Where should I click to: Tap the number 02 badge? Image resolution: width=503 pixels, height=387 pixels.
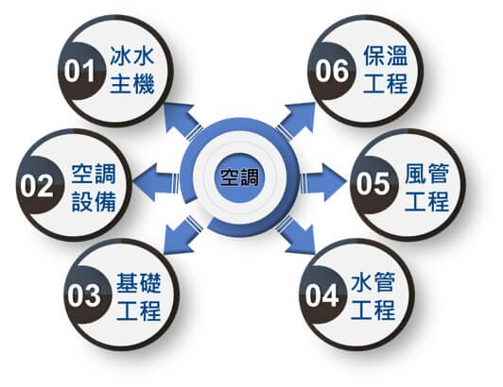pos(39,185)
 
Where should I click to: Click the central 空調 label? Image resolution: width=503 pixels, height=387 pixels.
pos(239,177)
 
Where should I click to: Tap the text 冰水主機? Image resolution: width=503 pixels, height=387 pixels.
pos(132,70)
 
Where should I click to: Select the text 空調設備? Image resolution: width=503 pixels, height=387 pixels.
pos(94,188)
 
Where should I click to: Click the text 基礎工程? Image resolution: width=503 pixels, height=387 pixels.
pos(139,297)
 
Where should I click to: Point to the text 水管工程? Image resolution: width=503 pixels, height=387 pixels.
pos(373,296)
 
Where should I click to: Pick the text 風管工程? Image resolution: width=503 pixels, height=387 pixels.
pos(426,188)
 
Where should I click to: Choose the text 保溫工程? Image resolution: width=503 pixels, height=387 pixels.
pos(386,70)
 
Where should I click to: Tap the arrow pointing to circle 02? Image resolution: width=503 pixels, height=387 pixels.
pos(156,182)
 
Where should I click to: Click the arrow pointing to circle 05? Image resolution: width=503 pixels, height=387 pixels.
pos(323,182)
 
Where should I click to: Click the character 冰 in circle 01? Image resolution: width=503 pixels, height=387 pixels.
pos(120,57)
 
